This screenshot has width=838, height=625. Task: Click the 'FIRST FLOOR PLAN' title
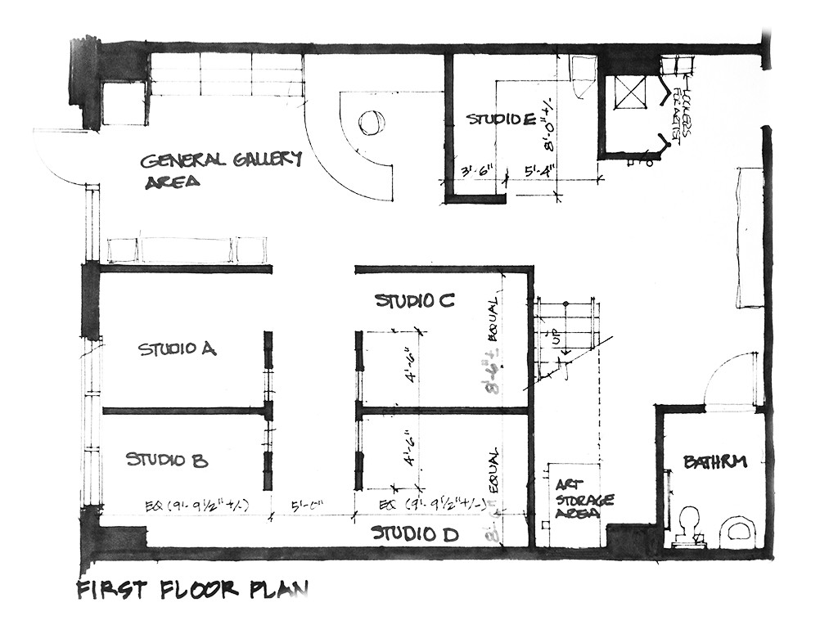[191, 590]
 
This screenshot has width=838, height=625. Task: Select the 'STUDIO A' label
[177, 349]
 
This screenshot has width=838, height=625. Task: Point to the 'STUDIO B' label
[167, 460]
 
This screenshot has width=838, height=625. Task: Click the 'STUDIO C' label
[414, 301]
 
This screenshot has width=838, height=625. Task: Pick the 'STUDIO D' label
[414, 534]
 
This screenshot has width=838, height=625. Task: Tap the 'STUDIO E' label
[502, 119]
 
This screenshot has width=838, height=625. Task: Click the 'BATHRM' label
[715, 462]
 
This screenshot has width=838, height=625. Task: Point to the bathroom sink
[738, 530]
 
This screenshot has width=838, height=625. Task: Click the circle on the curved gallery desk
[368, 124]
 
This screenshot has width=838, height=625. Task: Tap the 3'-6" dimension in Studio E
[475, 172]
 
